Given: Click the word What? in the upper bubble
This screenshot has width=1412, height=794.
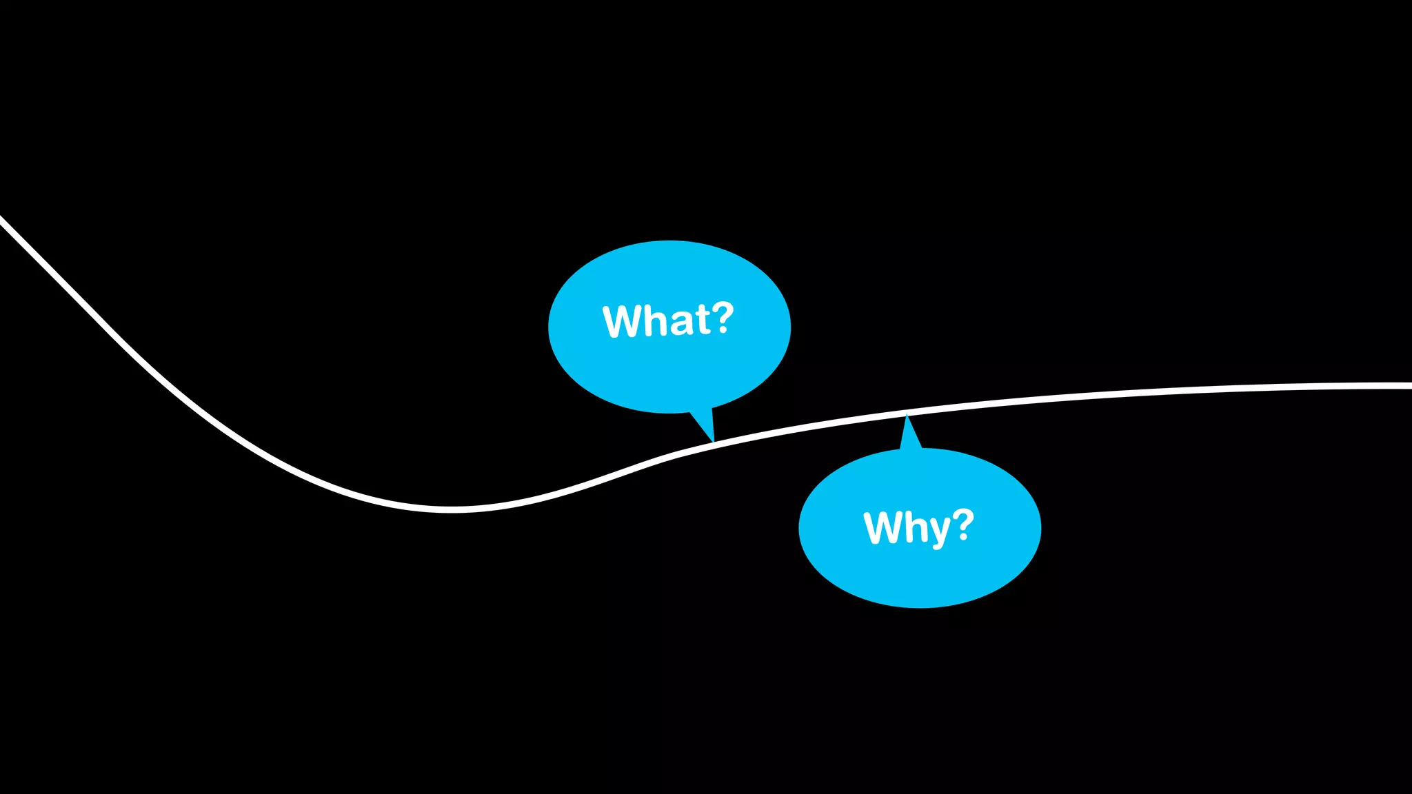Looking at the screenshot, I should click(x=667, y=320).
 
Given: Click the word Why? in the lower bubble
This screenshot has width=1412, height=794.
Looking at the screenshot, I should click(x=918, y=527).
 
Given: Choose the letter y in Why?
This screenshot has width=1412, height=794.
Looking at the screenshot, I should click(x=936, y=532).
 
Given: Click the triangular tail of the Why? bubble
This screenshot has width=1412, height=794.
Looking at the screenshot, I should click(x=910, y=436).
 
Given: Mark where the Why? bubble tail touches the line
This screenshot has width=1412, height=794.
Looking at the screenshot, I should click(x=907, y=415).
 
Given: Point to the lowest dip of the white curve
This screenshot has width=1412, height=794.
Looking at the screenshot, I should click(x=452, y=510).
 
